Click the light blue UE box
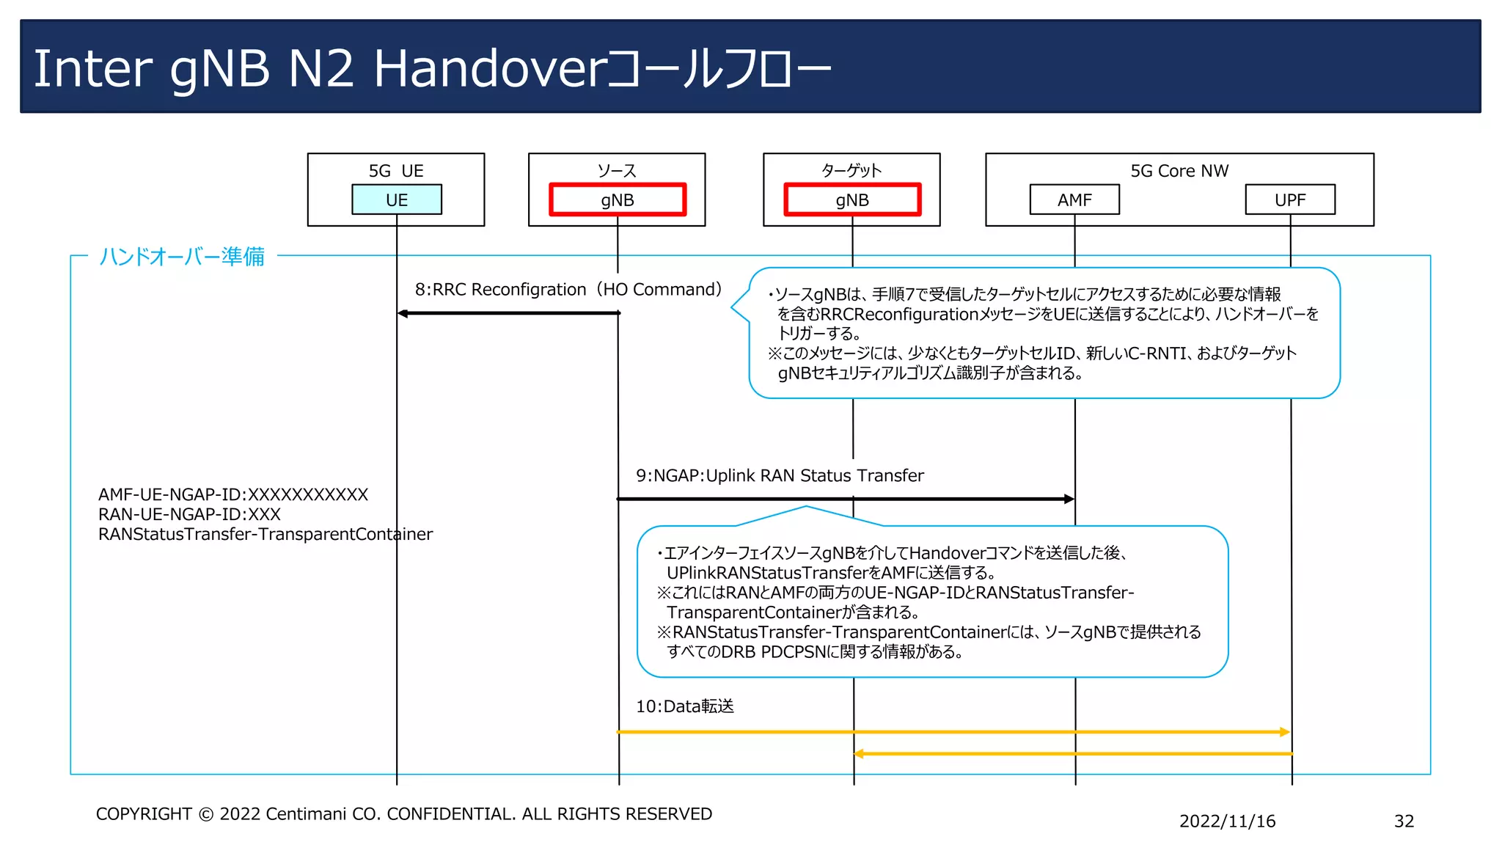click(x=397, y=200)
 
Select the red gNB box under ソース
click(x=617, y=200)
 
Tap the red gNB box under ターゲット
click(x=851, y=200)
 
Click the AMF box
click(x=1074, y=200)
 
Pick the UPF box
click(x=1290, y=200)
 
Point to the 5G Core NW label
click(x=1179, y=171)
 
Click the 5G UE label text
click(x=396, y=171)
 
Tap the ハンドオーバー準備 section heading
click(x=182, y=257)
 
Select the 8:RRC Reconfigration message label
click(x=500, y=290)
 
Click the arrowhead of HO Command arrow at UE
click(x=403, y=313)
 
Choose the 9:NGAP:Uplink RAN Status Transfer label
click(x=780, y=476)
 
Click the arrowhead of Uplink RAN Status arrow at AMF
click(x=1069, y=499)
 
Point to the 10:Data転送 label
click(x=684, y=706)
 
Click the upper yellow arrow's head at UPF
click(x=1284, y=732)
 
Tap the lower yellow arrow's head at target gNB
click(x=860, y=753)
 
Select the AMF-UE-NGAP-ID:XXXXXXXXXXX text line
click(x=233, y=495)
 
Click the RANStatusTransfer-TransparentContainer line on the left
click(x=265, y=535)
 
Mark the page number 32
click(x=1404, y=822)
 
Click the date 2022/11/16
click(x=1227, y=822)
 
